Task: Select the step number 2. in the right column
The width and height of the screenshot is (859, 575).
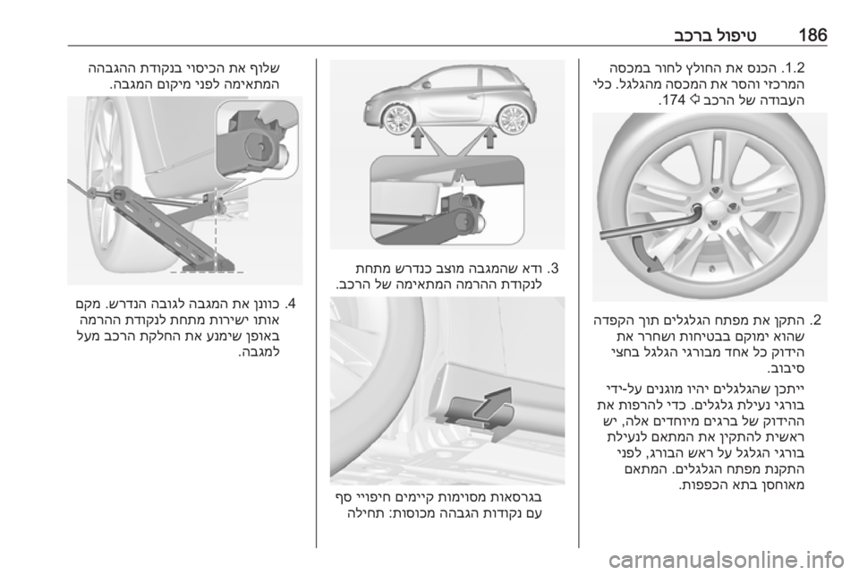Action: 816,319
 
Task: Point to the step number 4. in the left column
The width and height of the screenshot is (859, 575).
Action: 291,303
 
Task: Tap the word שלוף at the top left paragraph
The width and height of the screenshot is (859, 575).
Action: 268,69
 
